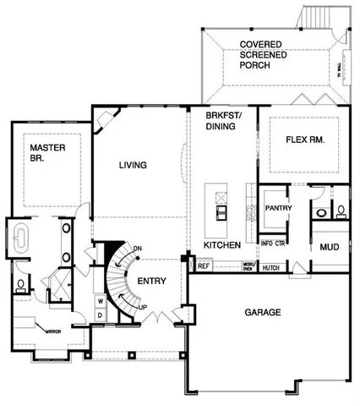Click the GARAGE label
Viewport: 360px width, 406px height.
(x=262, y=312)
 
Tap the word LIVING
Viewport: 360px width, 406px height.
(x=134, y=165)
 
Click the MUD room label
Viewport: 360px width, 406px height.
(x=329, y=247)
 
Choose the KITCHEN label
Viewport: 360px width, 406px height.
(x=222, y=245)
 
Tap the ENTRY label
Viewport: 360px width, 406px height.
(x=152, y=281)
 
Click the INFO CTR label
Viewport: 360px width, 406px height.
(x=272, y=244)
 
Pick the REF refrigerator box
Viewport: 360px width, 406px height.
(x=204, y=266)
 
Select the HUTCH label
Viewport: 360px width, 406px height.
(x=271, y=267)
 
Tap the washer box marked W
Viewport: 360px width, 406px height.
(x=100, y=300)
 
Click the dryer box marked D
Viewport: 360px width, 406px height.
(x=100, y=315)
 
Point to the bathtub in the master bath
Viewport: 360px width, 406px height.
(x=20, y=238)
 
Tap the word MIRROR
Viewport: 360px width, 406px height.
(x=53, y=332)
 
